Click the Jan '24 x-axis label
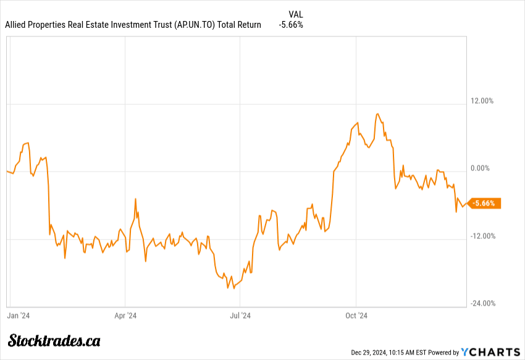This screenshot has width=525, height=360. tap(19, 316)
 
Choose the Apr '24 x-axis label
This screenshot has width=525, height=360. tap(125, 316)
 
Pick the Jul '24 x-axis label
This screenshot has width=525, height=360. tap(240, 316)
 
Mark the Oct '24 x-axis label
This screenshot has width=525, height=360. tap(356, 316)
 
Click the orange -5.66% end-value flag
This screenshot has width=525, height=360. tap(485, 203)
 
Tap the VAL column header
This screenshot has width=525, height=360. tap(296, 14)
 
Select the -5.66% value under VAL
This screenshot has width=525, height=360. tap(291, 25)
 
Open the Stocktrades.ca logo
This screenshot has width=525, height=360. tap(54, 340)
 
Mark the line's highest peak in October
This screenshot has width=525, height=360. tap(377, 114)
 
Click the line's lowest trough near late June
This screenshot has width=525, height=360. tap(228, 288)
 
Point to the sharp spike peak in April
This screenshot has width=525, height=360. tap(135, 199)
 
